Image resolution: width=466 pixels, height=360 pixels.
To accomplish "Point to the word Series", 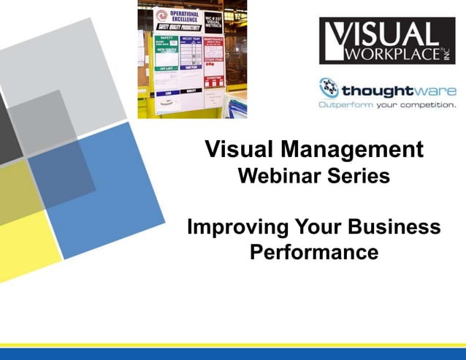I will pos(358,175).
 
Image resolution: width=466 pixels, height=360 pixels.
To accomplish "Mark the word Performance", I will pos(314,253).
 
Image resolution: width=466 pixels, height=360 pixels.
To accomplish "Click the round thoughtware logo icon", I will pos(329,88).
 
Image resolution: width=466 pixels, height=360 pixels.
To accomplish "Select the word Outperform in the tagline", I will pos(345,104).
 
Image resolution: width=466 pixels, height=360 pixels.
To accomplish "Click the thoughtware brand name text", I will pos(398,91).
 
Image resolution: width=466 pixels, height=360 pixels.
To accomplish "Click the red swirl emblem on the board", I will pos(163,16).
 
